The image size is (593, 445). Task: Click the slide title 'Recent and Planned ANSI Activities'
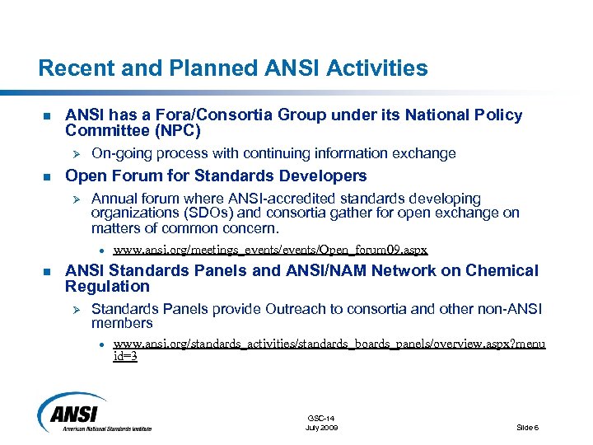point(233,68)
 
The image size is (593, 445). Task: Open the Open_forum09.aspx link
point(270,250)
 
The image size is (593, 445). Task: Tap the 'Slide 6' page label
point(527,428)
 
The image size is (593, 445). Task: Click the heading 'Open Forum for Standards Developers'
point(216,176)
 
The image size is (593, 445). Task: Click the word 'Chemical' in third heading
point(502,270)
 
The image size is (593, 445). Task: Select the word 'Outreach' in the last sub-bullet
point(297,309)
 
